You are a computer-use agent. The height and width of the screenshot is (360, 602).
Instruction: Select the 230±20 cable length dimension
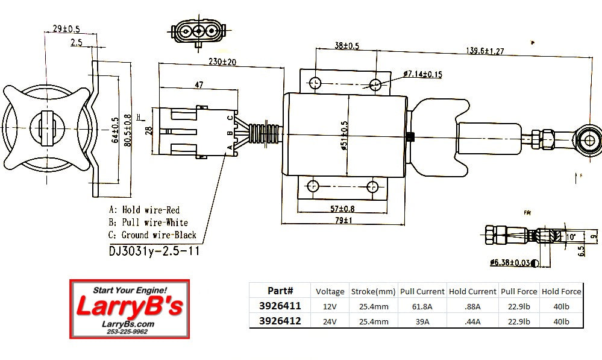222,62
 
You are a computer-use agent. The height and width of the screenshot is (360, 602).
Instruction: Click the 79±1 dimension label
343,221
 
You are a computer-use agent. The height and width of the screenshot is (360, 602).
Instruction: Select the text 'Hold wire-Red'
151,210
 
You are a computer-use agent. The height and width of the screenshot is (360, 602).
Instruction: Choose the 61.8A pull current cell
422,306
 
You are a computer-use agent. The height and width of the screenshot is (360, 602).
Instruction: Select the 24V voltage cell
330,321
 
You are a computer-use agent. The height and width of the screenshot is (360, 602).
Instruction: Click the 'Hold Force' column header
562,291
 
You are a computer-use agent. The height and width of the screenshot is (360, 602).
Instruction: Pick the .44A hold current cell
472,321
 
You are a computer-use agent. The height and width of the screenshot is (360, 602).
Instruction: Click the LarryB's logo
129,307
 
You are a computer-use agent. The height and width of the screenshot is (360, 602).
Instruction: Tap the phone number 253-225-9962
128,331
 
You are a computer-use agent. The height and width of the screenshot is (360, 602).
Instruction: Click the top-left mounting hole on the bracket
315,83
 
